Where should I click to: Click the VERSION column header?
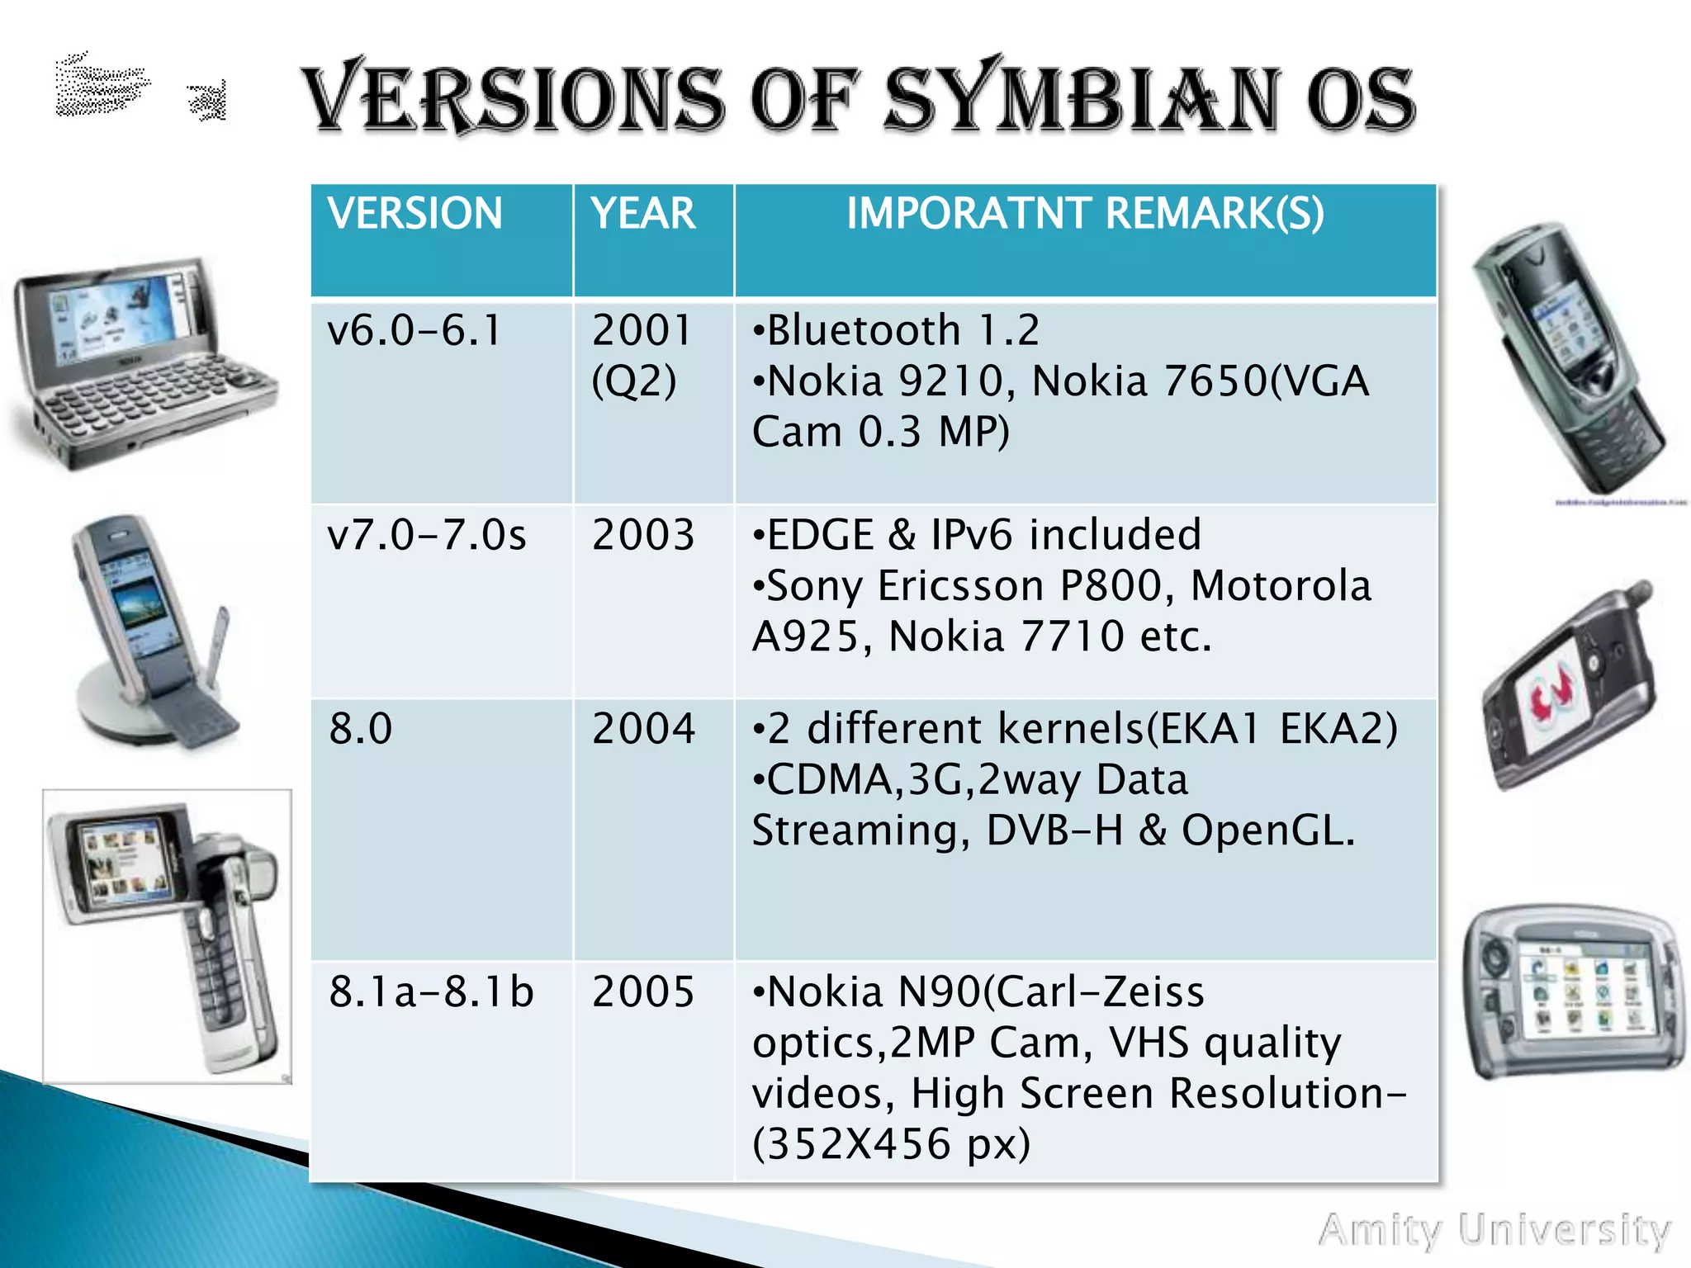click(414, 214)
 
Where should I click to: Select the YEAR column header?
click(643, 214)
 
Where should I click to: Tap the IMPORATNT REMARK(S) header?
click(1085, 214)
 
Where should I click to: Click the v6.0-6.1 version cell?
click(414, 331)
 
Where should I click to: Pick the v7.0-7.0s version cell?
click(426, 535)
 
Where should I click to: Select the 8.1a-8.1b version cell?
click(431, 991)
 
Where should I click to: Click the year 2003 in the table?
click(643, 535)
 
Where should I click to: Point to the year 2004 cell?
click(643, 729)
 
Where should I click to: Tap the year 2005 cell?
click(643, 991)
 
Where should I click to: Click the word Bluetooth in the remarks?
click(864, 331)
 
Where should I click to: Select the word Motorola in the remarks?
click(1281, 586)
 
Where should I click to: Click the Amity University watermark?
click(1494, 1231)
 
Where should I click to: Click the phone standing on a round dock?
click(153, 632)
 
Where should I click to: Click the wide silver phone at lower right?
click(1573, 991)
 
